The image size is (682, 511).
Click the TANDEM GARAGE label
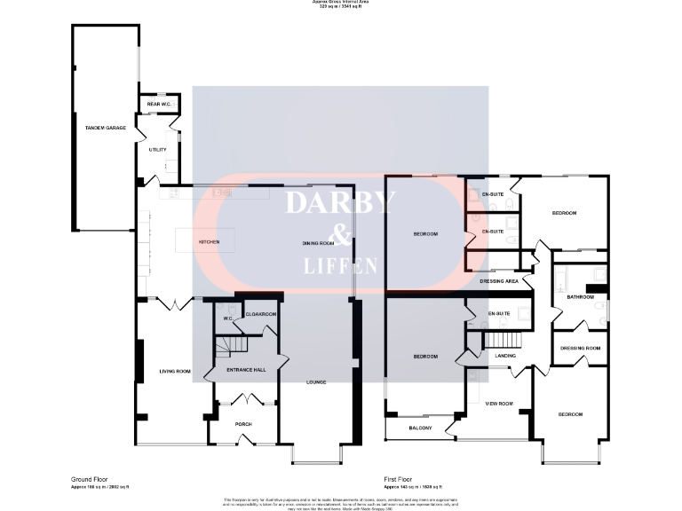(x=105, y=129)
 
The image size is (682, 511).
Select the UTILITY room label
(x=157, y=150)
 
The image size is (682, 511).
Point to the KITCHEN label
(x=209, y=241)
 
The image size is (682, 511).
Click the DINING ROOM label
(x=318, y=242)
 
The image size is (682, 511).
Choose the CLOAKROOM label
(x=261, y=314)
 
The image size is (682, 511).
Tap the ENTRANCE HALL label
(x=246, y=369)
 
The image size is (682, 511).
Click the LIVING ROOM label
(x=175, y=371)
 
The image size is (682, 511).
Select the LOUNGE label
(x=316, y=382)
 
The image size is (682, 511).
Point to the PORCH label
(x=243, y=424)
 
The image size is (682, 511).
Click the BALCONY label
(x=420, y=428)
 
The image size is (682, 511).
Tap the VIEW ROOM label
(x=499, y=404)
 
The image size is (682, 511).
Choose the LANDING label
(x=505, y=356)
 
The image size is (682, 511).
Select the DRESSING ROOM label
(x=581, y=348)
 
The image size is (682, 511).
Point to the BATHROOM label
(x=581, y=297)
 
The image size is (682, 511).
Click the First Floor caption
(x=401, y=477)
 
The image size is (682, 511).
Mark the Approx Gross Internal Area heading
(x=340, y=3)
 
